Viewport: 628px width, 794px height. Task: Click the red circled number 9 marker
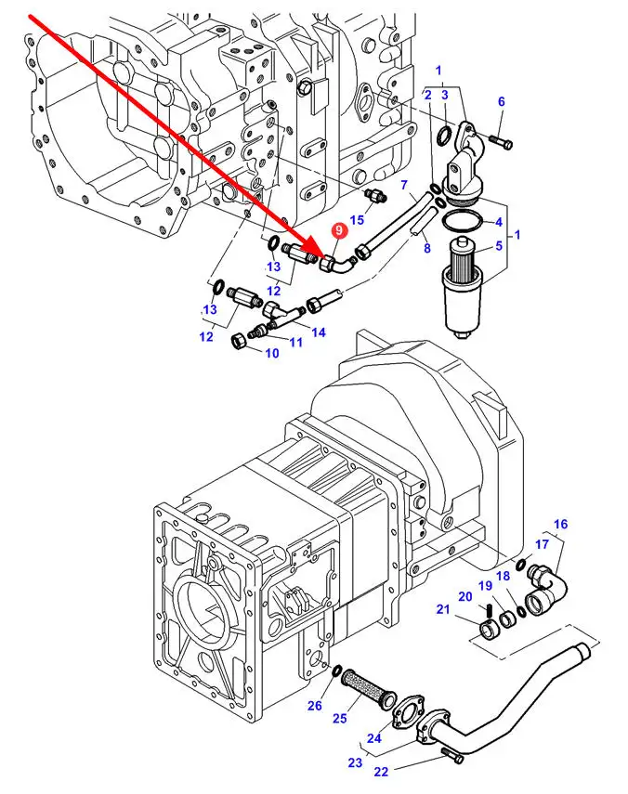point(338,229)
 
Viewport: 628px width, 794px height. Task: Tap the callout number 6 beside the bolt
point(501,101)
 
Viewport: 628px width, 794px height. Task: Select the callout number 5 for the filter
point(498,246)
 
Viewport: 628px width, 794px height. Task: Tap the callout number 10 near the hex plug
point(272,353)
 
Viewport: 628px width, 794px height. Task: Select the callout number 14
point(318,332)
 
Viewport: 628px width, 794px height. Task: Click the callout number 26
point(315,706)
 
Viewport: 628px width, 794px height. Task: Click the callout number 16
point(559,525)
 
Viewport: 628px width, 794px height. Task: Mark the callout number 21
point(442,609)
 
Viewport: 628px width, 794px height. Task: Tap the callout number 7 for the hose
point(404,187)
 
